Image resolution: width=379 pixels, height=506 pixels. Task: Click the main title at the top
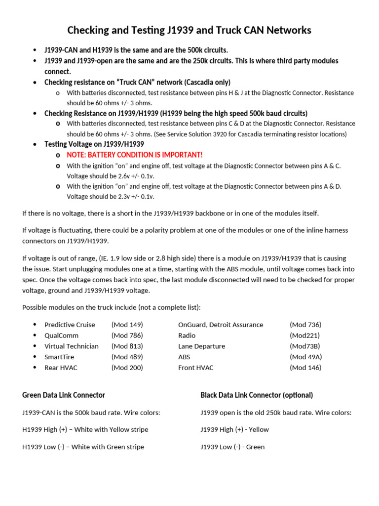tap(189, 31)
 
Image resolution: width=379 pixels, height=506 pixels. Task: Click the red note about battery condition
tap(134, 155)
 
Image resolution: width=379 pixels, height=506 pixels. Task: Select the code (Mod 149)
tap(127, 325)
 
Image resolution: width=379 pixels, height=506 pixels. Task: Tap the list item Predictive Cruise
tap(70, 325)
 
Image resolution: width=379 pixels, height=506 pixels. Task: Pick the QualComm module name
tap(61, 336)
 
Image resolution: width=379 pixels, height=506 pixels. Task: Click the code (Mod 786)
tap(127, 336)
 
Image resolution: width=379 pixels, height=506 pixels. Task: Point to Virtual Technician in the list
tap(72, 346)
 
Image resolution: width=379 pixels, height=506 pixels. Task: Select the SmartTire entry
tap(60, 357)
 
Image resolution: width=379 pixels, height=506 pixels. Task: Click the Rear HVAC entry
tap(61, 368)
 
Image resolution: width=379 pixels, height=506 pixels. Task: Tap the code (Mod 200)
tap(127, 368)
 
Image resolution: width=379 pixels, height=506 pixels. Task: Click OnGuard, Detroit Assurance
tap(221, 325)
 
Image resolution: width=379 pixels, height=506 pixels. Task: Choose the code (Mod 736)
tap(305, 325)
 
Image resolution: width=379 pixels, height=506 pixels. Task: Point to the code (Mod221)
tap(304, 336)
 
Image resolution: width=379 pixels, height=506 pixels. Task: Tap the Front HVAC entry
tap(196, 368)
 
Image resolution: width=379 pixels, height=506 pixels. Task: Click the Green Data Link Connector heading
tap(64, 395)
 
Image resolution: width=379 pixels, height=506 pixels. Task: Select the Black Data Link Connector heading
tap(257, 395)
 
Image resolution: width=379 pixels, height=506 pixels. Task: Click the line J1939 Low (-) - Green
tap(232, 447)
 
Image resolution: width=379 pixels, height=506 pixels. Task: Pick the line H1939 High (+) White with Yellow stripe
tap(85, 429)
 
